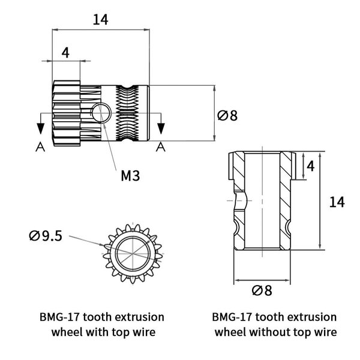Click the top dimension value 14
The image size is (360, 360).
(x=100, y=19)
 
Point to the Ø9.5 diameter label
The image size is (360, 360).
(x=46, y=236)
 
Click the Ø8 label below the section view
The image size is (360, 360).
(x=262, y=290)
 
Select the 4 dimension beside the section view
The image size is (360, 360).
(x=310, y=165)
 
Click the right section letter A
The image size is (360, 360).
(x=161, y=146)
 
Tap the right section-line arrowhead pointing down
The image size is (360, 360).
(x=161, y=127)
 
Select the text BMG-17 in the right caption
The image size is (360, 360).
(x=236, y=316)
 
